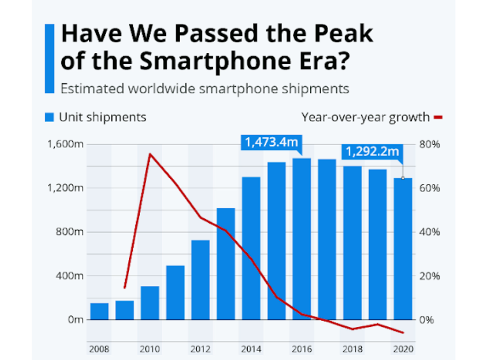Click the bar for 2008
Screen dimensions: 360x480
[x=99, y=311]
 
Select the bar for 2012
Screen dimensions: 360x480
[x=200, y=280]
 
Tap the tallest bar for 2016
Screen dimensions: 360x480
[x=301, y=239]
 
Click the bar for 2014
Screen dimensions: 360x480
[x=251, y=248]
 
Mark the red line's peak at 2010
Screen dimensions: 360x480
[x=150, y=154]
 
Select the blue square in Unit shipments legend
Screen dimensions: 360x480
[x=49, y=118]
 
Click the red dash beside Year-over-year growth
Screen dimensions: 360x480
[x=439, y=118]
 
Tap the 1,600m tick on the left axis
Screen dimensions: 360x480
[x=66, y=144]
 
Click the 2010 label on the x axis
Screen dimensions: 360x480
[x=149, y=350]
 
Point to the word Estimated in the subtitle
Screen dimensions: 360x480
[x=91, y=89]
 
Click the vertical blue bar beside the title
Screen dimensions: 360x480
[x=49, y=59]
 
